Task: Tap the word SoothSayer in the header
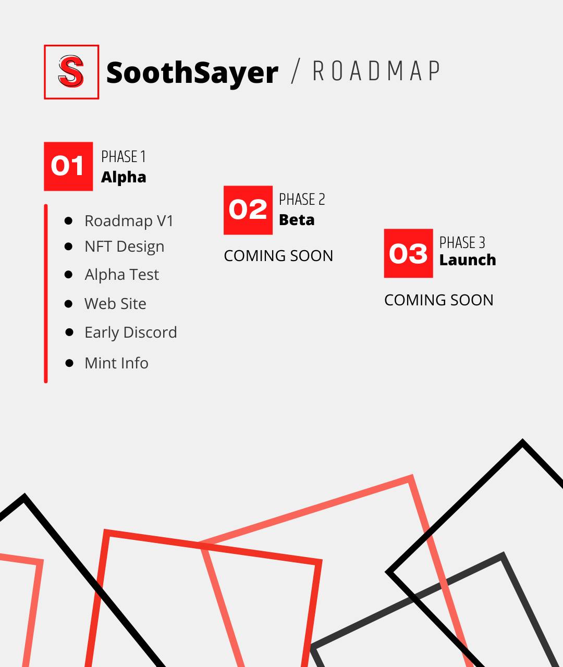(192, 73)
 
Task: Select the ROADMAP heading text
(377, 70)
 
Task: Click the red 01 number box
(68, 166)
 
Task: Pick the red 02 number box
(248, 210)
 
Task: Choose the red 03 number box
(408, 253)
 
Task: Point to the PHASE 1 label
(124, 156)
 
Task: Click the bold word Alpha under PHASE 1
(124, 177)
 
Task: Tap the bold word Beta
(297, 220)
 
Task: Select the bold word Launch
(468, 260)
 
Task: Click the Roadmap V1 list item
(129, 221)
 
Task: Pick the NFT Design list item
(124, 246)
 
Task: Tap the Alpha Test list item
(122, 275)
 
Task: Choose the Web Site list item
(115, 303)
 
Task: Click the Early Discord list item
(131, 332)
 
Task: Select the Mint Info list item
(116, 363)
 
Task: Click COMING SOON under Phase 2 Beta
(278, 256)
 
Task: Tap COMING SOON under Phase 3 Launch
(439, 300)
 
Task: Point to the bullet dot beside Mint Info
(69, 363)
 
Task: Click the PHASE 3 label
(462, 242)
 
